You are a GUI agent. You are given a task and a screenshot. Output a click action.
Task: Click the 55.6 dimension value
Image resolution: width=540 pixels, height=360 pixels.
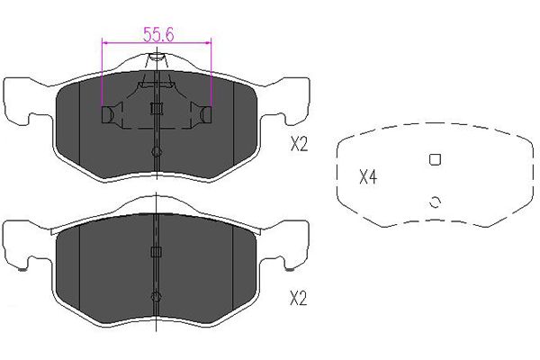point(158,34)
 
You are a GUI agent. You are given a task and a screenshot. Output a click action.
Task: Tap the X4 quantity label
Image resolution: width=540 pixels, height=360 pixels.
point(368,177)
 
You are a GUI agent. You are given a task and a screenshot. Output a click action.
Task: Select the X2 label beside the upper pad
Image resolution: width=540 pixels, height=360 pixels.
point(299,144)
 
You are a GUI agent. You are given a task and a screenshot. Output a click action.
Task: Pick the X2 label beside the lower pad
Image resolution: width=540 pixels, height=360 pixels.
point(299,298)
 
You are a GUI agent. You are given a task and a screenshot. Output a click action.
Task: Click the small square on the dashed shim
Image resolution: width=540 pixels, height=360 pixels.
point(435,159)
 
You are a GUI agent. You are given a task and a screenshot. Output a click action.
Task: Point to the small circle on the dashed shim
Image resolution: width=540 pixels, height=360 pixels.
point(435,202)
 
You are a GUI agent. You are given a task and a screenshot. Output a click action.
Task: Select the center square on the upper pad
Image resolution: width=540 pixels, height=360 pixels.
point(157,109)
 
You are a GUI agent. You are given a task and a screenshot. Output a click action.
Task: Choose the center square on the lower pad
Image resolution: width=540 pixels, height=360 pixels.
point(157,252)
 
